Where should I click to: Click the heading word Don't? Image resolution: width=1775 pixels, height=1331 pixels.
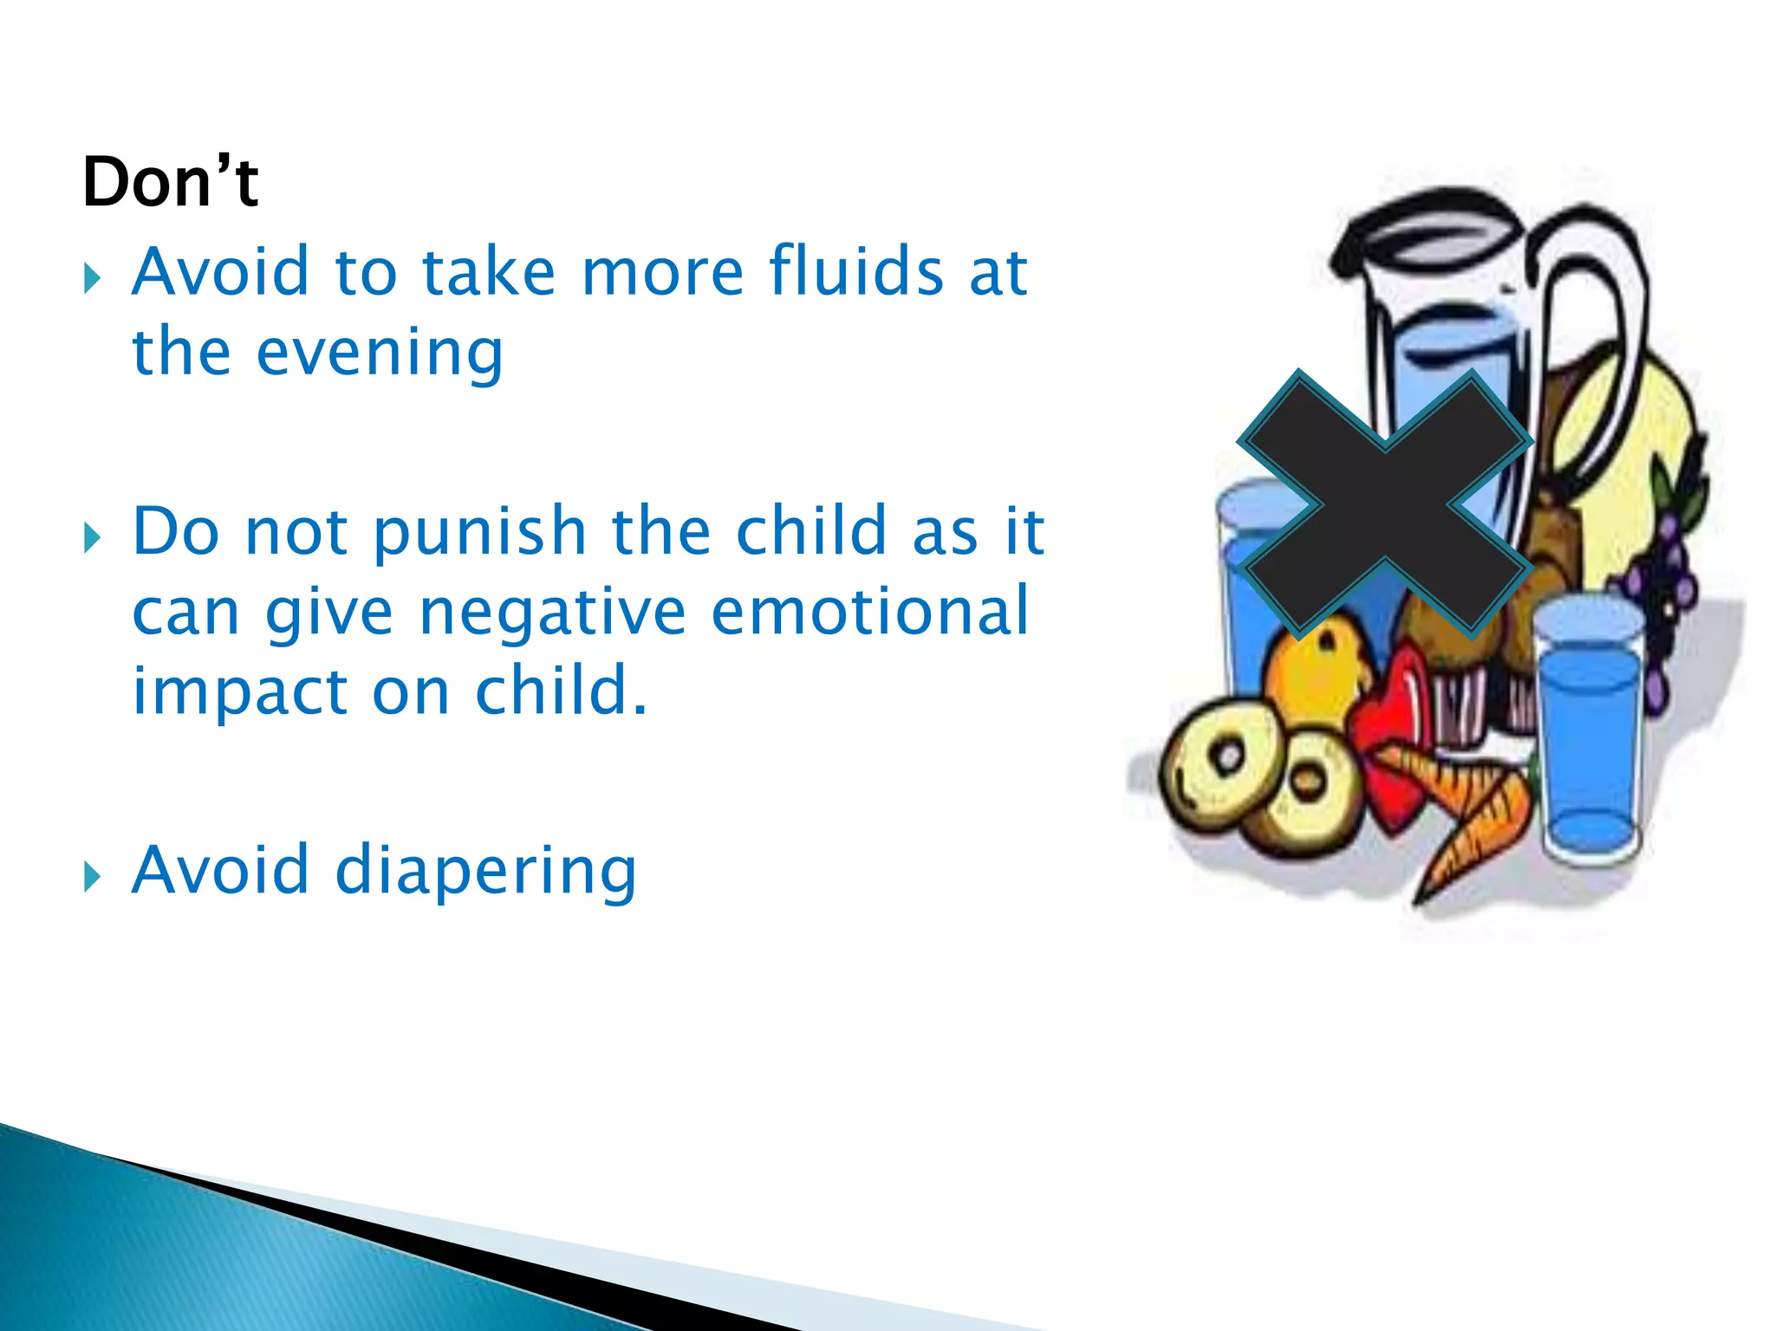tap(170, 182)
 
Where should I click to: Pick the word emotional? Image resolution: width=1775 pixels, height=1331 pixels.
tap(869, 611)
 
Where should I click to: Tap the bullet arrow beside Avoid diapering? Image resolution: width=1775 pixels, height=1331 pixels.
tap(93, 876)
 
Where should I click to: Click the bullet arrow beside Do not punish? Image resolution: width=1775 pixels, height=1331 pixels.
tap(93, 538)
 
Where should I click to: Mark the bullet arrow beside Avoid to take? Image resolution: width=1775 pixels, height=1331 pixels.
tap(93, 279)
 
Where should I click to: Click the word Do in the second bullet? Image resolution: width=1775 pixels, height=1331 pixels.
tap(176, 531)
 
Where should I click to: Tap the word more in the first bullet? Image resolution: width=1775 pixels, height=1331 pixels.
tap(662, 271)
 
